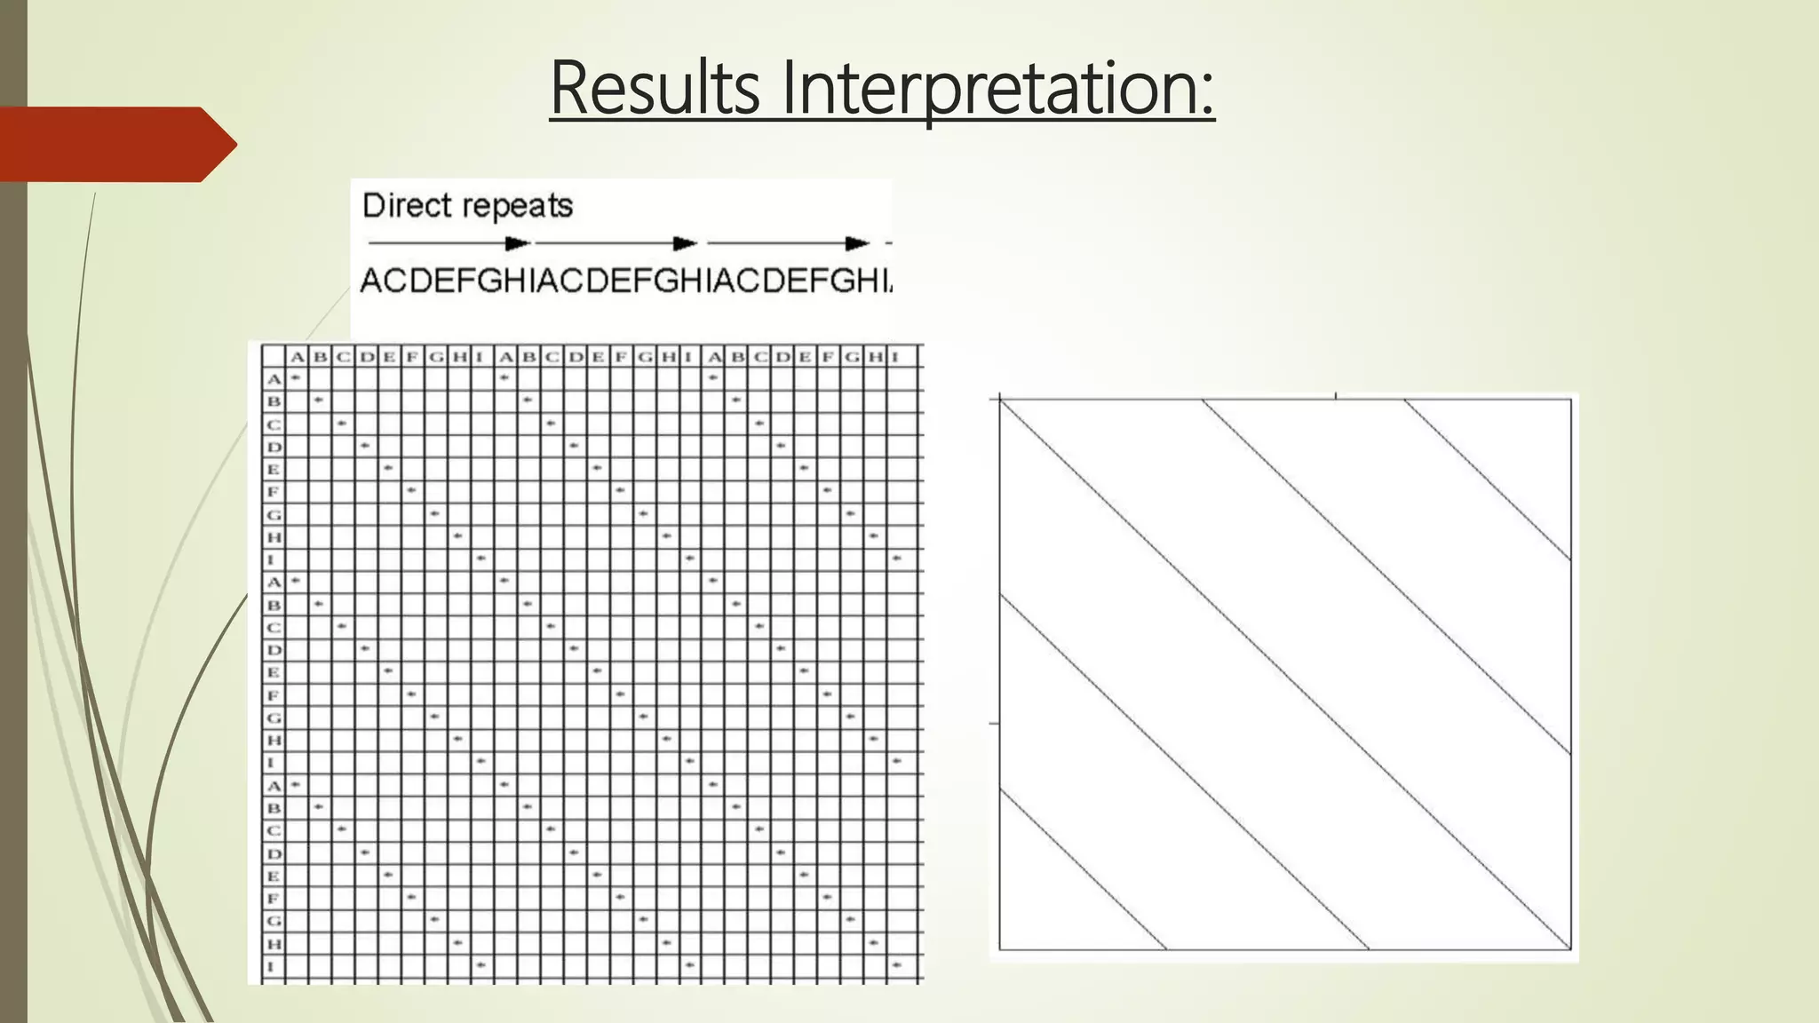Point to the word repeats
click(x=519, y=206)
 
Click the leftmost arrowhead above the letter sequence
click(x=517, y=243)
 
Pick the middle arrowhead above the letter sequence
click(x=685, y=243)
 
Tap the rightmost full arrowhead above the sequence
click(x=857, y=243)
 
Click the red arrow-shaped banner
click(x=115, y=144)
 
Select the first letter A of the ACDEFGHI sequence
click(x=371, y=282)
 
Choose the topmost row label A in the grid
click(x=274, y=379)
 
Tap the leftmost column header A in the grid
click(x=298, y=357)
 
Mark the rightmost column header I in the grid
click(x=895, y=357)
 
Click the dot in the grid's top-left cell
click(x=296, y=378)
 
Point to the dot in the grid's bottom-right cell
click(x=897, y=964)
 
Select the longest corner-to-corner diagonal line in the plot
click(x=1285, y=675)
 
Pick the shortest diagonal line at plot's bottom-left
click(x=1084, y=869)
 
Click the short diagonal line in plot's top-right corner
click(x=1488, y=480)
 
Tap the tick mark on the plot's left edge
click(x=994, y=724)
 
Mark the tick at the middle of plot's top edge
click(x=1336, y=395)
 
